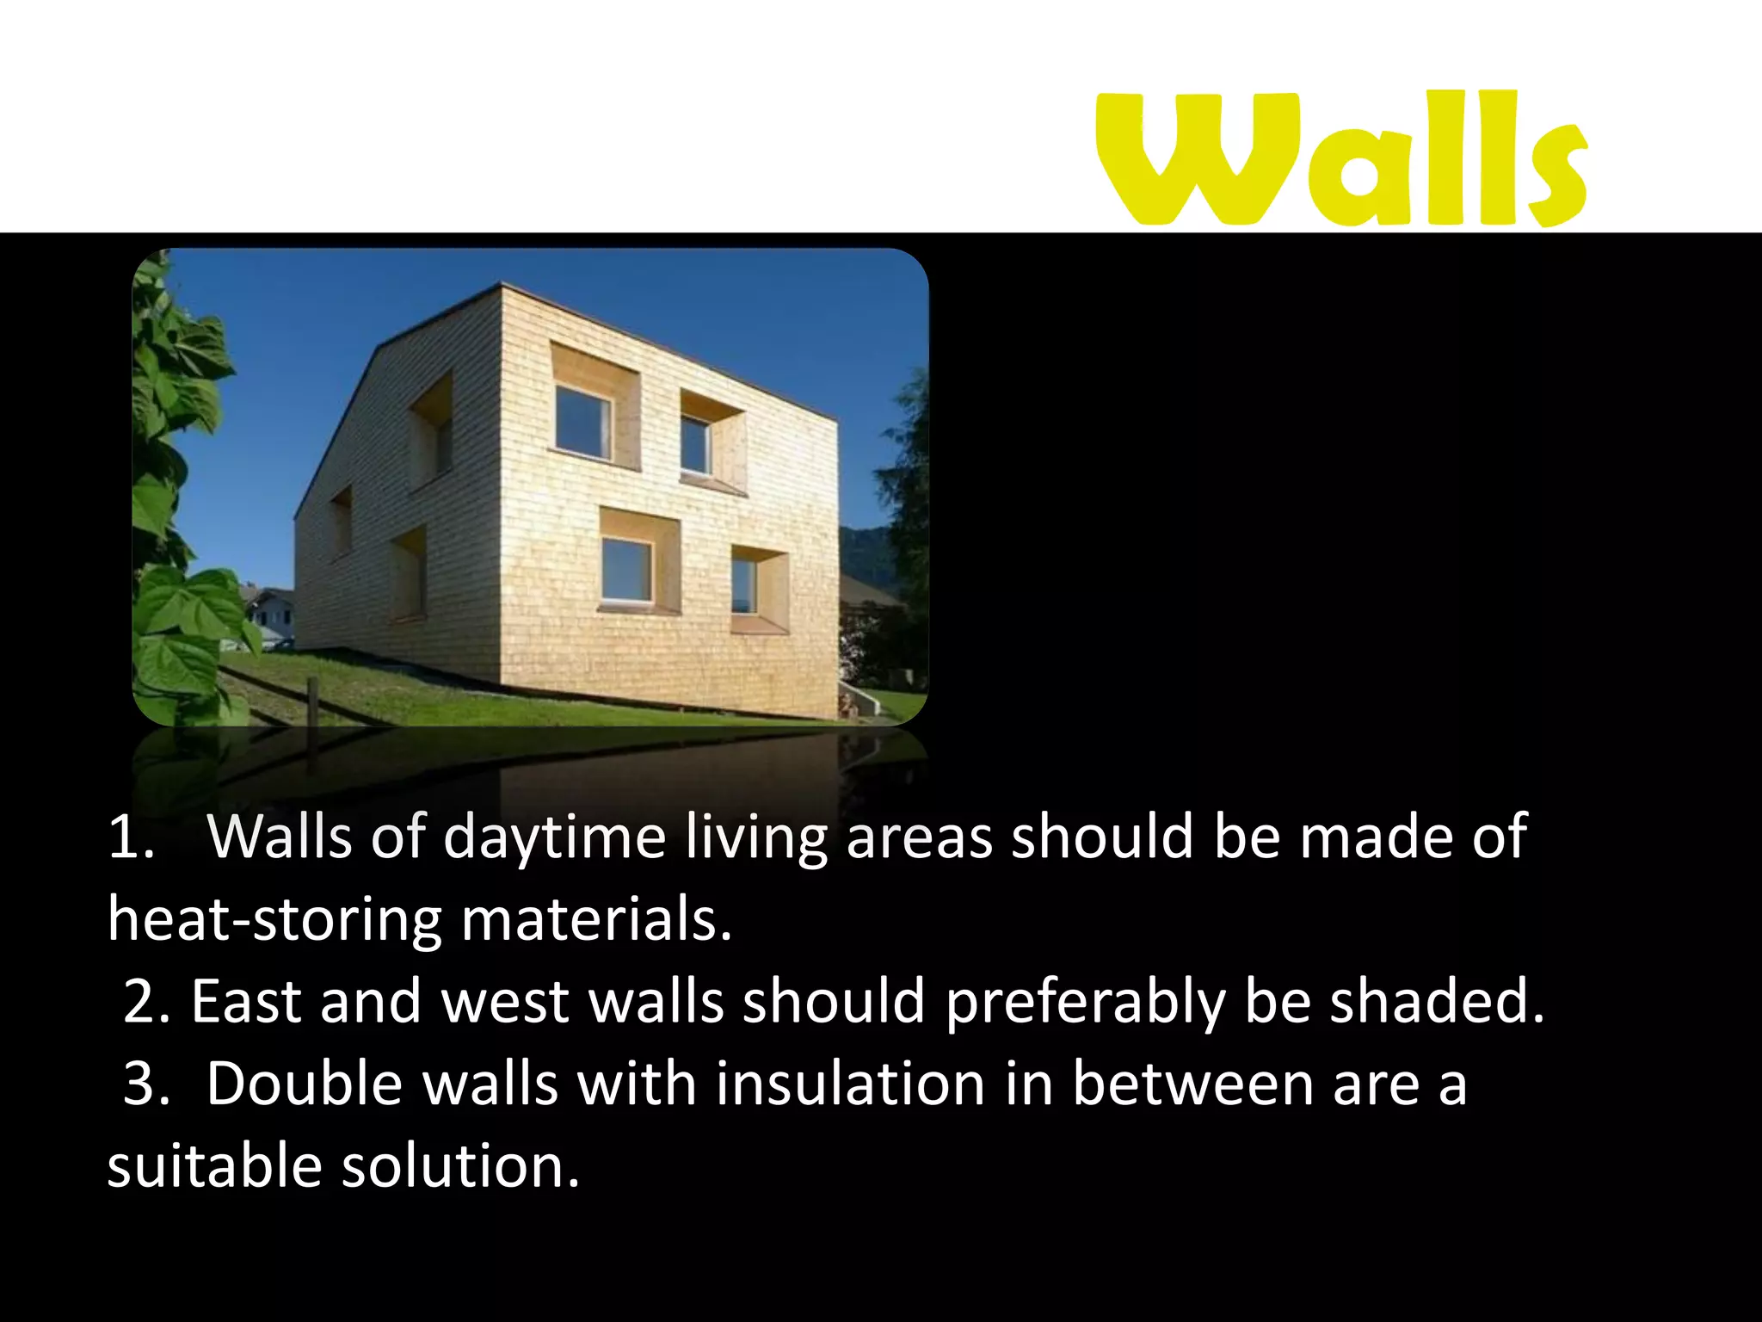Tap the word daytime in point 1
coord(554,837)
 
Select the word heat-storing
coord(274,919)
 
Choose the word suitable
coord(214,1166)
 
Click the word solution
coord(461,1166)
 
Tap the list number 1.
coord(129,837)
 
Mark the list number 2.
coord(145,1001)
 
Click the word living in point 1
coord(756,837)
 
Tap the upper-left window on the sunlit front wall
coord(583,423)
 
